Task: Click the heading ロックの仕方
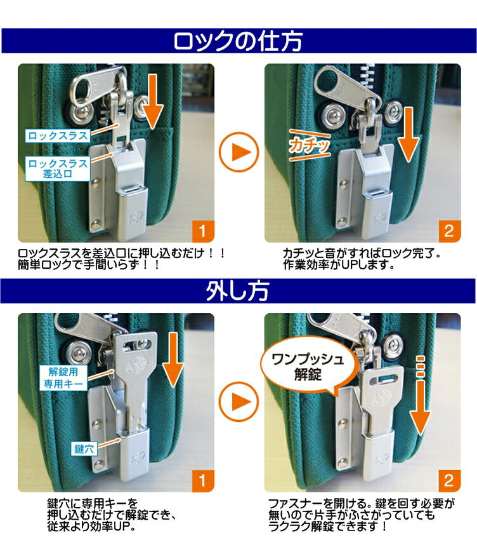pos(238,41)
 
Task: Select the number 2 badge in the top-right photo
pos(448,230)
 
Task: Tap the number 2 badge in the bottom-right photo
pos(448,480)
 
